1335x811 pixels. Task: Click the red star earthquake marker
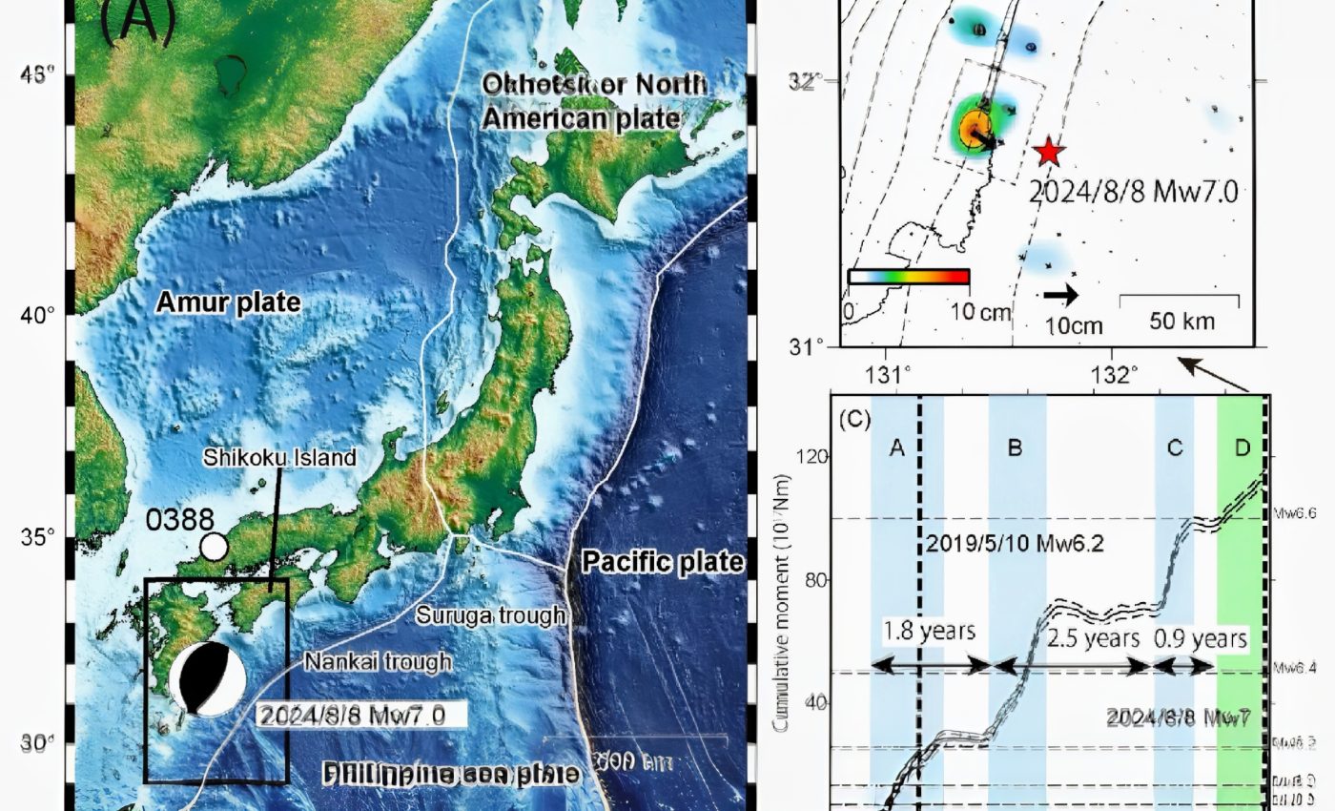tap(1049, 151)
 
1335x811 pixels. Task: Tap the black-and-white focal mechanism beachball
tap(207, 678)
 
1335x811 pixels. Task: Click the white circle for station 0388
tap(215, 547)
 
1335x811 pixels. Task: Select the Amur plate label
tap(228, 303)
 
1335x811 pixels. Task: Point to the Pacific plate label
tap(663, 561)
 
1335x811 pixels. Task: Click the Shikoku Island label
tap(279, 458)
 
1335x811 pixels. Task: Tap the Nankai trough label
tap(378, 661)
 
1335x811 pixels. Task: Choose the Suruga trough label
tap(490, 615)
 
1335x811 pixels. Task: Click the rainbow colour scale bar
tap(908, 277)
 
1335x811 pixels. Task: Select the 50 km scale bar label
tap(1182, 321)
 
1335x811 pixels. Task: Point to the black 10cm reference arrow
tap(1060, 296)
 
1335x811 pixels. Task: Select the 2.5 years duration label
tap(1093, 638)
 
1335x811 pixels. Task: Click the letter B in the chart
tap(1015, 447)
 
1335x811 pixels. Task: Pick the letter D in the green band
tap(1242, 447)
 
